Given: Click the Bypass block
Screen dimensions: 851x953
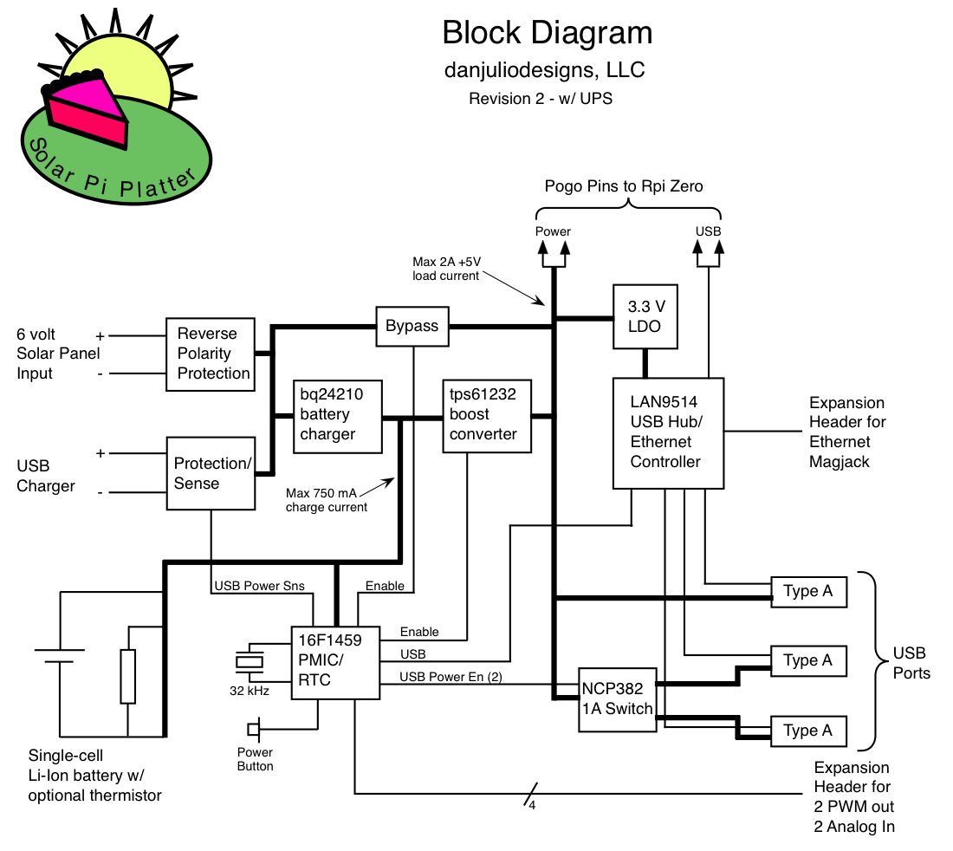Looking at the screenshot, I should point(412,327).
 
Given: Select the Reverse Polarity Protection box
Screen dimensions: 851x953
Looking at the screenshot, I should point(212,354).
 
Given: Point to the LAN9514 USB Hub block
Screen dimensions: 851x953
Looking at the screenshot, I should point(668,433).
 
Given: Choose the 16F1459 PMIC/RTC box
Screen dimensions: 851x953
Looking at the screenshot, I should point(335,661).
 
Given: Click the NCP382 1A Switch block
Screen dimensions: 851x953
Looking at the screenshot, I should point(617,699).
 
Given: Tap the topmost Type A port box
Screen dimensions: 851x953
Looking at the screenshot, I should point(808,592).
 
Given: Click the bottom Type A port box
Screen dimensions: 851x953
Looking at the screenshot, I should point(808,731).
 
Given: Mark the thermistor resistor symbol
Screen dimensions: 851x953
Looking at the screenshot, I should point(127,676).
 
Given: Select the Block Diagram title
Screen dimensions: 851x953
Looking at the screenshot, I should point(547,33).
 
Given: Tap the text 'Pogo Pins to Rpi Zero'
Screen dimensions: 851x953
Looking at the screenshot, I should point(624,185).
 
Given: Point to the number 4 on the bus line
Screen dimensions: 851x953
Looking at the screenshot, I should point(533,805).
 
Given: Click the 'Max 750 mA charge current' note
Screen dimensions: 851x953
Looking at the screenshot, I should point(327,500).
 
